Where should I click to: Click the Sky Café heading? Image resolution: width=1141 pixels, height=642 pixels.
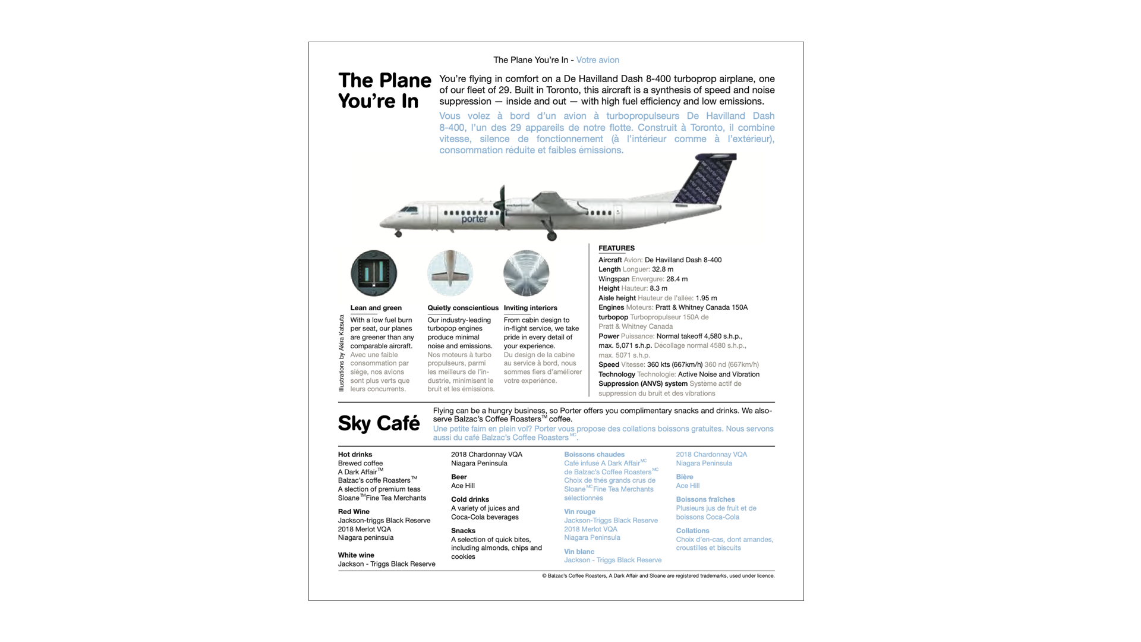[x=379, y=424]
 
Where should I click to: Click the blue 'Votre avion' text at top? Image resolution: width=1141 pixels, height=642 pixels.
[x=597, y=60]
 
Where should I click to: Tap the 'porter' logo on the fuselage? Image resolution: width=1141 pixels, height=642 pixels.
[x=474, y=219]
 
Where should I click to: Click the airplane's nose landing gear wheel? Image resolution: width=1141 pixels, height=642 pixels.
[x=398, y=234]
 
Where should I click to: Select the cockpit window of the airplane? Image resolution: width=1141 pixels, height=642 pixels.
[x=408, y=209]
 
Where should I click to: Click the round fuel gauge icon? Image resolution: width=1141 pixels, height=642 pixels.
[x=374, y=273]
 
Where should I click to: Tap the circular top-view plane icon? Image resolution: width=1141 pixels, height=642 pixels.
[x=450, y=273]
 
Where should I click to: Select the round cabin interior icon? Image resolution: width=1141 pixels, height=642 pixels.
[x=526, y=273]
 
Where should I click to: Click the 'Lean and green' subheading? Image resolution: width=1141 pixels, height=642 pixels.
[x=376, y=308]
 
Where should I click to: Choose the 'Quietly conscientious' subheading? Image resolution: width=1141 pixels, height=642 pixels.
[x=463, y=308]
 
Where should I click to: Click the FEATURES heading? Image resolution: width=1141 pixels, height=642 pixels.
[x=616, y=248]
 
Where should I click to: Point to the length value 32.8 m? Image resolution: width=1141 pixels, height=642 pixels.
[x=663, y=269]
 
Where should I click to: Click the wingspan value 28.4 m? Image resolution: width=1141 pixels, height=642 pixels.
[x=676, y=279]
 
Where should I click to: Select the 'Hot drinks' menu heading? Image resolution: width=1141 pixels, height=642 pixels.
[x=355, y=455]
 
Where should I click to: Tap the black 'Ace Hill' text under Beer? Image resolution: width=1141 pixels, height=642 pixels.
[x=462, y=486]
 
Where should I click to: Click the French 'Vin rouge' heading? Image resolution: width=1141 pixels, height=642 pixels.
[x=579, y=512]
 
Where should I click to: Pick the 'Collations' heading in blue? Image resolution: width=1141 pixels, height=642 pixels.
[x=692, y=531]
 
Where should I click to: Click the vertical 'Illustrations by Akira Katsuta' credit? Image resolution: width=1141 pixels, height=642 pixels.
[x=342, y=353]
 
